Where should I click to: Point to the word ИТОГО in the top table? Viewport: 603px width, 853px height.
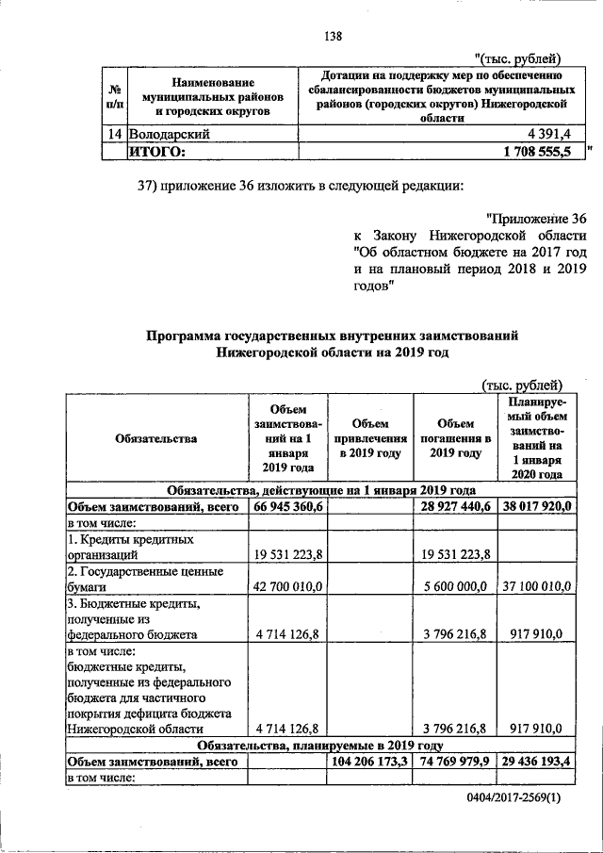pyautogui.click(x=157, y=151)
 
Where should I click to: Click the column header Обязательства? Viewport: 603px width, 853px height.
pyautogui.click(x=156, y=438)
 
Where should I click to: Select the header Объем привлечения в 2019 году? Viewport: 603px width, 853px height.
pyautogui.click(x=368, y=438)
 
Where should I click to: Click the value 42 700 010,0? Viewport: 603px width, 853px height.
pyautogui.click(x=288, y=586)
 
